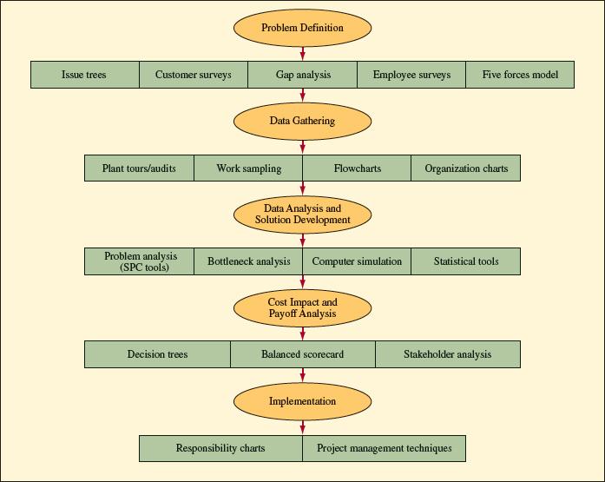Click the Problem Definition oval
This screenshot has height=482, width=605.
click(302, 28)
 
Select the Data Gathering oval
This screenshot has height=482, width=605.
click(302, 121)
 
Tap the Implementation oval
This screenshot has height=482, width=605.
click(302, 401)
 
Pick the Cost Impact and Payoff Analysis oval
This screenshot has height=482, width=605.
click(302, 307)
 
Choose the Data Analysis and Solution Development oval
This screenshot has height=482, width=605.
click(302, 215)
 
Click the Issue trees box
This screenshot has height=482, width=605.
click(85, 75)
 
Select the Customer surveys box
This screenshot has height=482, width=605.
click(194, 75)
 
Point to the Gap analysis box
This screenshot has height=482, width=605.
click(302, 75)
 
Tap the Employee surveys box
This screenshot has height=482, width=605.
click(411, 75)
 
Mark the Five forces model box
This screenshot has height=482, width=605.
click(520, 75)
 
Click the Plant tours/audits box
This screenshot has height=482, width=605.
click(139, 168)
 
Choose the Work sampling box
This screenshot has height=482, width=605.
click(248, 168)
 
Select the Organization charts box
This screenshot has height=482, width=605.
click(466, 168)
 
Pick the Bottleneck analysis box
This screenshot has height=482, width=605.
click(248, 261)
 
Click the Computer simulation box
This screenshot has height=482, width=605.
click(357, 261)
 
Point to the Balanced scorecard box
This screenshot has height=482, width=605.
click(302, 354)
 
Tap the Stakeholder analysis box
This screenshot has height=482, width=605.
click(447, 354)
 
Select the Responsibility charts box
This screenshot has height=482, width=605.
click(220, 448)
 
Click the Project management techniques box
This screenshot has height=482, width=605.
click(384, 448)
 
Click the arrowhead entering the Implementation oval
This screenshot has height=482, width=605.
click(302, 379)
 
